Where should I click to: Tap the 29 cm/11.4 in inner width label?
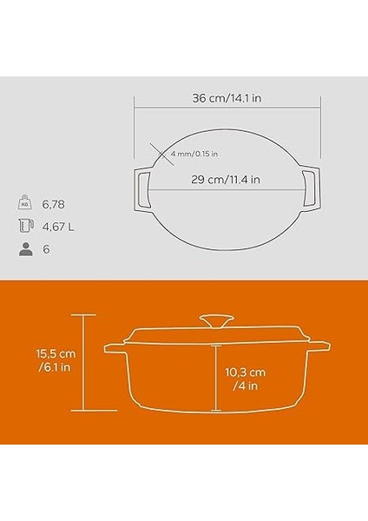pos(227,180)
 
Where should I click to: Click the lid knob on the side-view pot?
pos(216,321)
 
